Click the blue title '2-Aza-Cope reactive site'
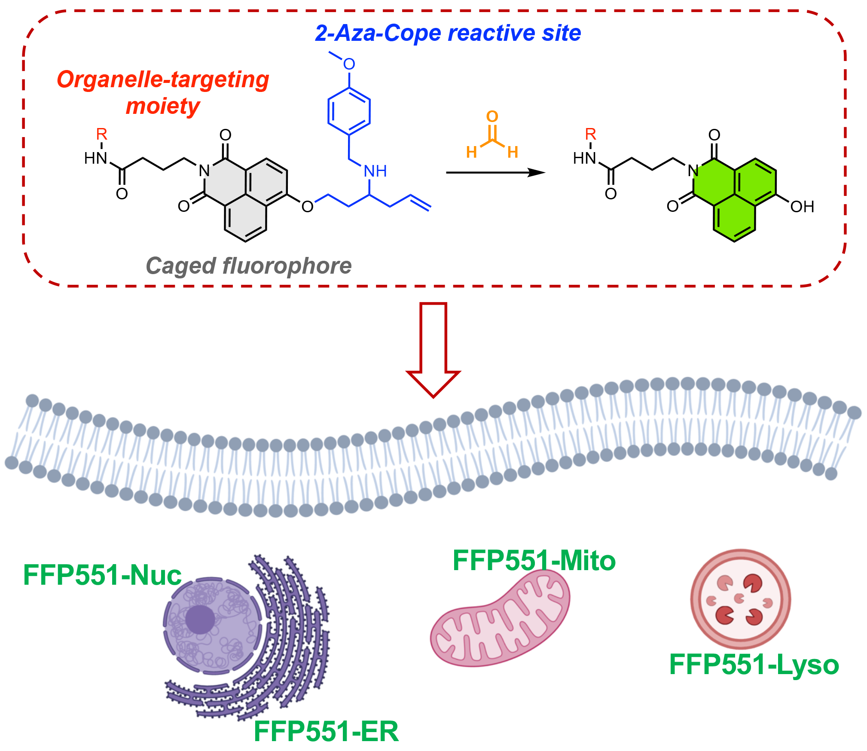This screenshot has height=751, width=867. [448, 34]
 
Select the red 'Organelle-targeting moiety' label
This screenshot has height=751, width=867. [163, 92]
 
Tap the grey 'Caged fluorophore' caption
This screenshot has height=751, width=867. [249, 266]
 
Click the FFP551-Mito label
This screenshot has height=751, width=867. [534, 561]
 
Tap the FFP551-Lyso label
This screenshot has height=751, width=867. [754, 665]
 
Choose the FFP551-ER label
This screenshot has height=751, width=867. [326, 731]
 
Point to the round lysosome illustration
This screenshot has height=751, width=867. [740, 599]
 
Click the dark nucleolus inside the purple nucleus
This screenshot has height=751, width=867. [200, 620]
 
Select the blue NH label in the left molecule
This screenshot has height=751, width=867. [375, 171]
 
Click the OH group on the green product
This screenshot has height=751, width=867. [802, 207]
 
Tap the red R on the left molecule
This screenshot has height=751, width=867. [101, 134]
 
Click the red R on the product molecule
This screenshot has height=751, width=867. [591, 134]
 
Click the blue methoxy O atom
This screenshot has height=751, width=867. [349, 64]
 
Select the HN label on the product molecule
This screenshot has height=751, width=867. [584, 158]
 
